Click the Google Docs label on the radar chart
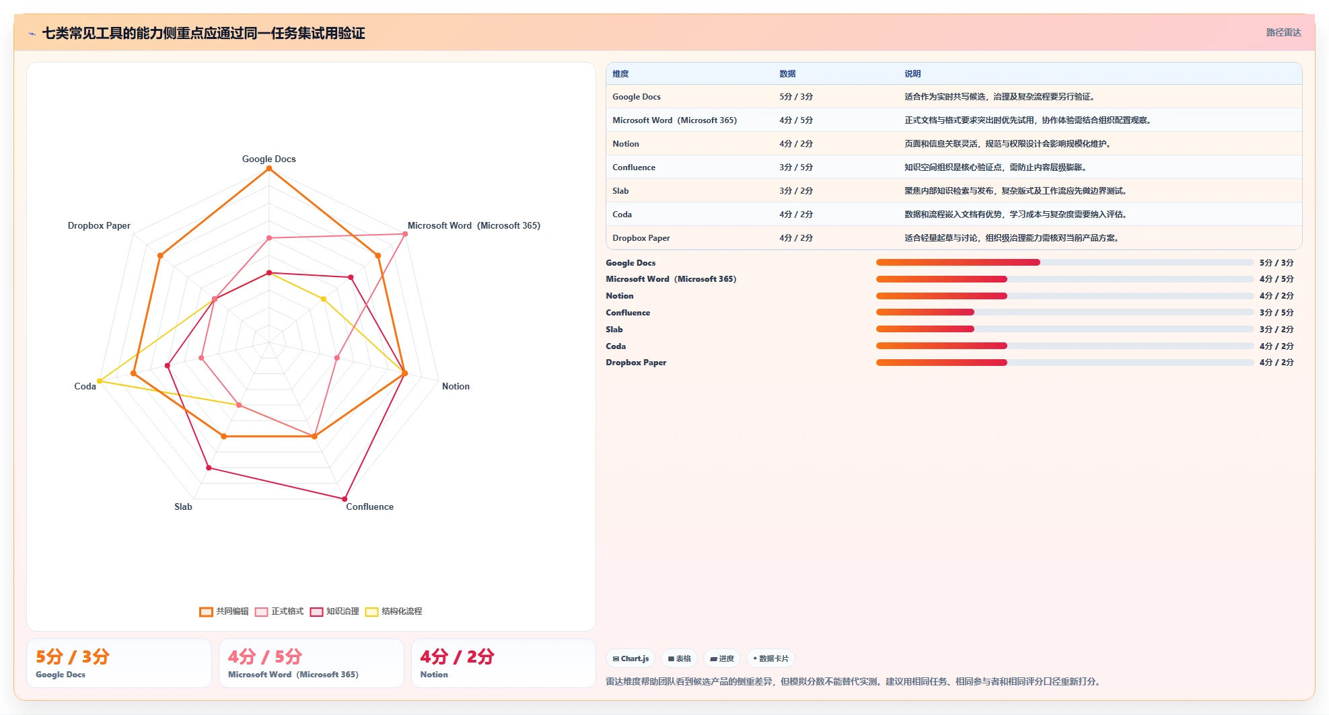click(x=269, y=159)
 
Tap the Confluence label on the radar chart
click(x=370, y=507)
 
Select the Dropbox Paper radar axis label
click(x=99, y=226)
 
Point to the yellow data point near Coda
click(x=100, y=381)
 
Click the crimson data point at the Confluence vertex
click(x=345, y=499)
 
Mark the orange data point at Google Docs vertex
click(x=269, y=169)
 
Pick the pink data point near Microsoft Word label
click(x=405, y=234)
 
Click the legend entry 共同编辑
click(x=224, y=611)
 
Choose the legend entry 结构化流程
click(x=394, y=611)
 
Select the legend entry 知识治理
click(x=334, y=611)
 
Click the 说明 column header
click(x=912, y=74)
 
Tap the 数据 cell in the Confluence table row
click(x=796, y=167)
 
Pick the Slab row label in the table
click(x=620, y=191)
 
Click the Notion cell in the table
click(x=626, y=144)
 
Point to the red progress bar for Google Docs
click(x=958, y=262)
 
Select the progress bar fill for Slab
click(x=925, y=329)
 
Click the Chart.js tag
click(x=631, y=658)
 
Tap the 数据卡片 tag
click(x=770, y=658)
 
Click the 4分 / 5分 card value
click(x=265, y=656)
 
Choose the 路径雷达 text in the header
click(x=1284, y=32)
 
